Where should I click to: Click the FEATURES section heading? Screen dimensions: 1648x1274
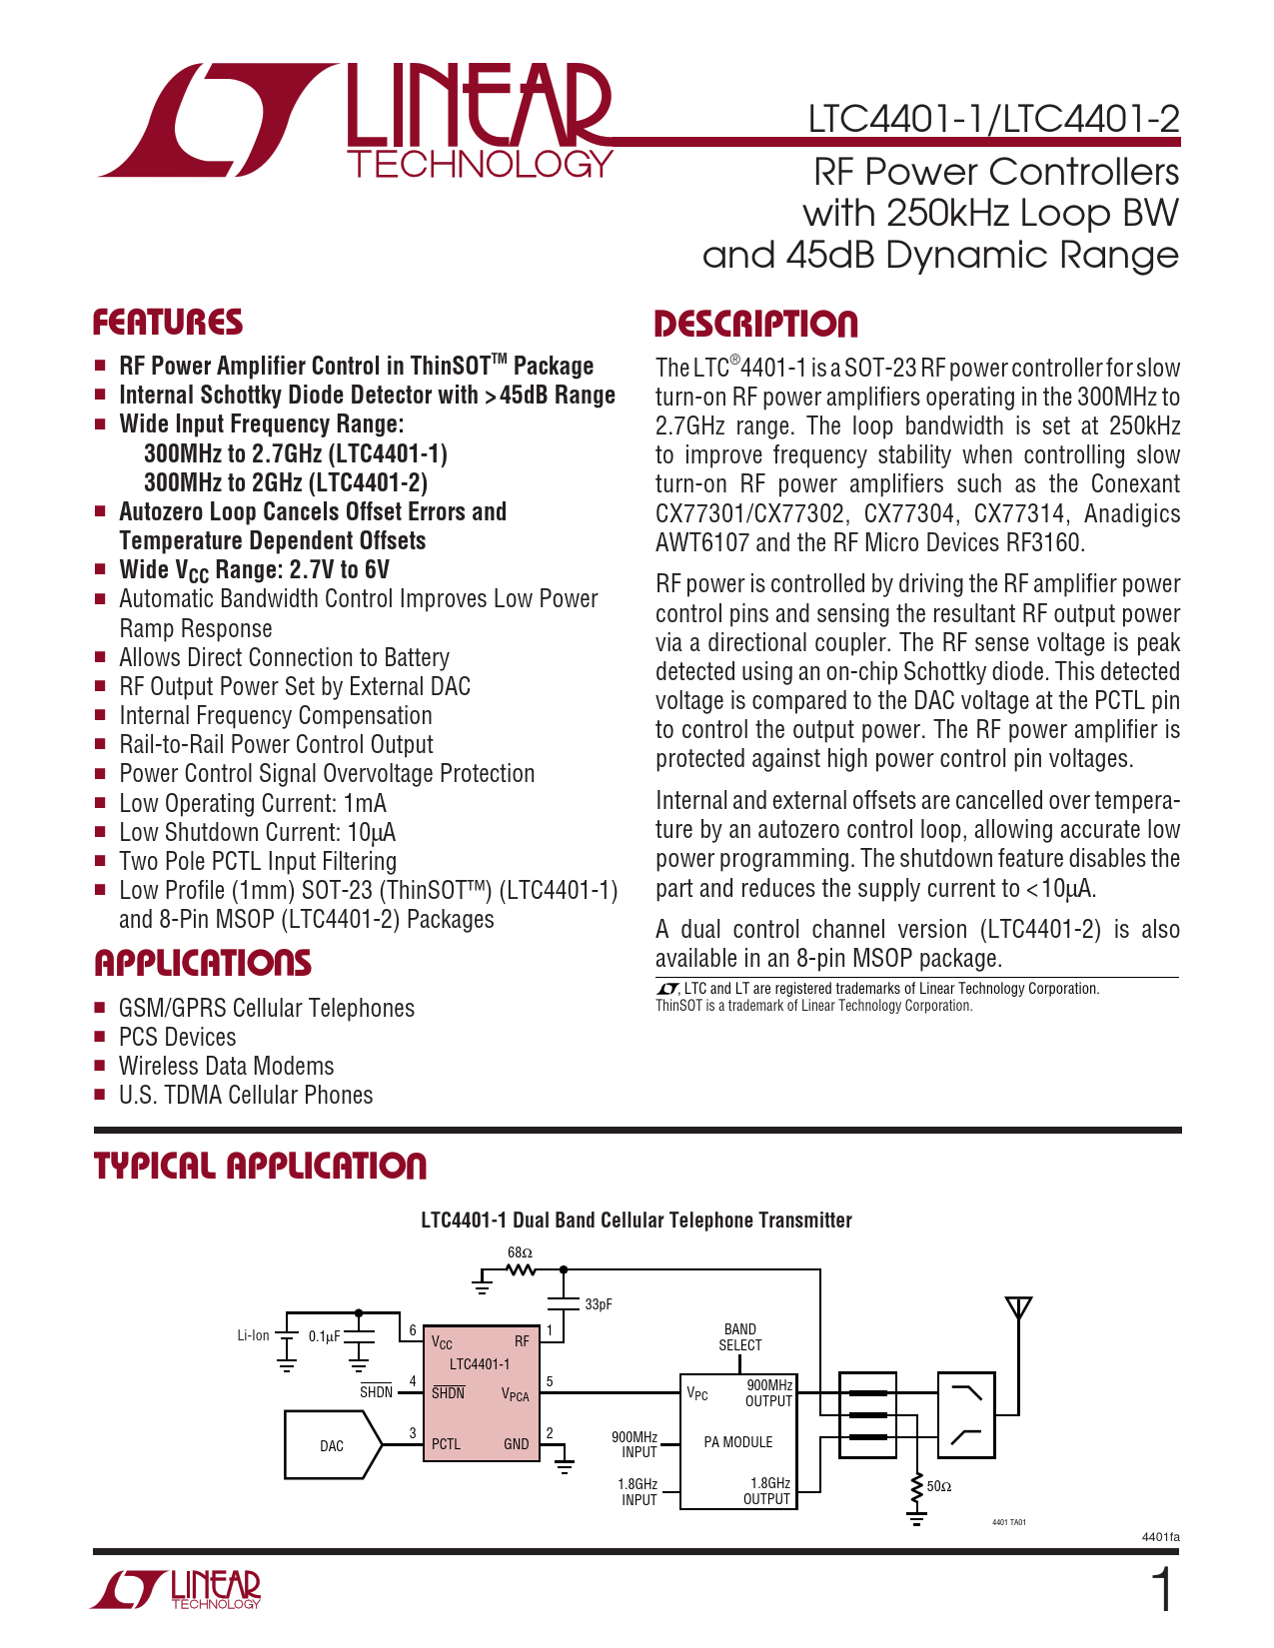[x=168, y=323]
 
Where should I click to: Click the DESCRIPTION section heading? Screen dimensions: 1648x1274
[x=756, y=325]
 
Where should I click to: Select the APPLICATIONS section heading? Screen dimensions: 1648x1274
[x=203, y=963]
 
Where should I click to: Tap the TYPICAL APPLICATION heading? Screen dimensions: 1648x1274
[x=261, y=1166]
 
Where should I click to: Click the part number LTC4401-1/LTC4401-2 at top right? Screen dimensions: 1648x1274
[x=993, y=119]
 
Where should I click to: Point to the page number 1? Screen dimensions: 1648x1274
[x=1162, y=1590]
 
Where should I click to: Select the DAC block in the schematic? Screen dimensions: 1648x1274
[x=332, y=1445]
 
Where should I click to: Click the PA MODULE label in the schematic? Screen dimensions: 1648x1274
[x=738, y=1442]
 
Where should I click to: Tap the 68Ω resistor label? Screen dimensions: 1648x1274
[x=520, y=1252]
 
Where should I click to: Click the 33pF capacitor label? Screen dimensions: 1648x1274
[x=599, y=1304]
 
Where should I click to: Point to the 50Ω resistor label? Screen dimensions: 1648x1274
[x=939, y=1486]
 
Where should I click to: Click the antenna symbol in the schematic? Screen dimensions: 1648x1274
[x=1018, y=1308]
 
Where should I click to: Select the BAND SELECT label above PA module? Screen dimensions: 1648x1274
[x=740, y=1337]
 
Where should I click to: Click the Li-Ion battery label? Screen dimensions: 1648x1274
[x=253, y=1335]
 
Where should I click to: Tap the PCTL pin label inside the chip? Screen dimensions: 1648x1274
[x=446, y=1444]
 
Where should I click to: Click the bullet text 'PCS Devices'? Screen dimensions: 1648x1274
[x=178, y=1038]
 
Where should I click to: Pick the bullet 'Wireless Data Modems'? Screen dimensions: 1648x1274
[x=227, y=1067]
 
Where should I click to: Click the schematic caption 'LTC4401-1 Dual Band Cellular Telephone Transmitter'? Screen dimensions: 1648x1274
[x=637, y=1221]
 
